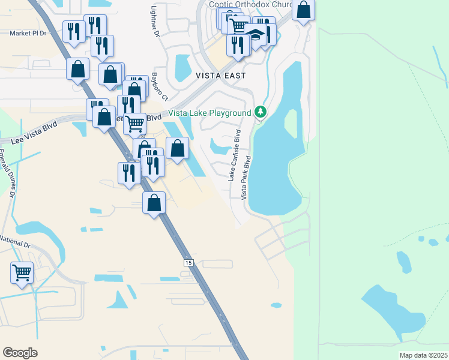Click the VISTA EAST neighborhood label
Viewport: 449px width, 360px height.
220,76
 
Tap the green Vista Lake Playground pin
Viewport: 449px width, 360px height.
260,112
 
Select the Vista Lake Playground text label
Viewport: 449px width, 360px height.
209,113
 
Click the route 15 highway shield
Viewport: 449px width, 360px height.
188,263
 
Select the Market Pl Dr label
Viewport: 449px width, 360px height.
28,34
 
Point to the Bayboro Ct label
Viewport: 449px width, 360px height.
159,86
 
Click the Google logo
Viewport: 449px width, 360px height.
20,353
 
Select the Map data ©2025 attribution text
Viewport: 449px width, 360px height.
423,355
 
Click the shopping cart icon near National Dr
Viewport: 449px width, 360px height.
22,272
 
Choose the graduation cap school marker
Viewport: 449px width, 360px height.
255,37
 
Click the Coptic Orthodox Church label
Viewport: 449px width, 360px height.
250,4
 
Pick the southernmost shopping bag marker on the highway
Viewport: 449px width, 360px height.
154,203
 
